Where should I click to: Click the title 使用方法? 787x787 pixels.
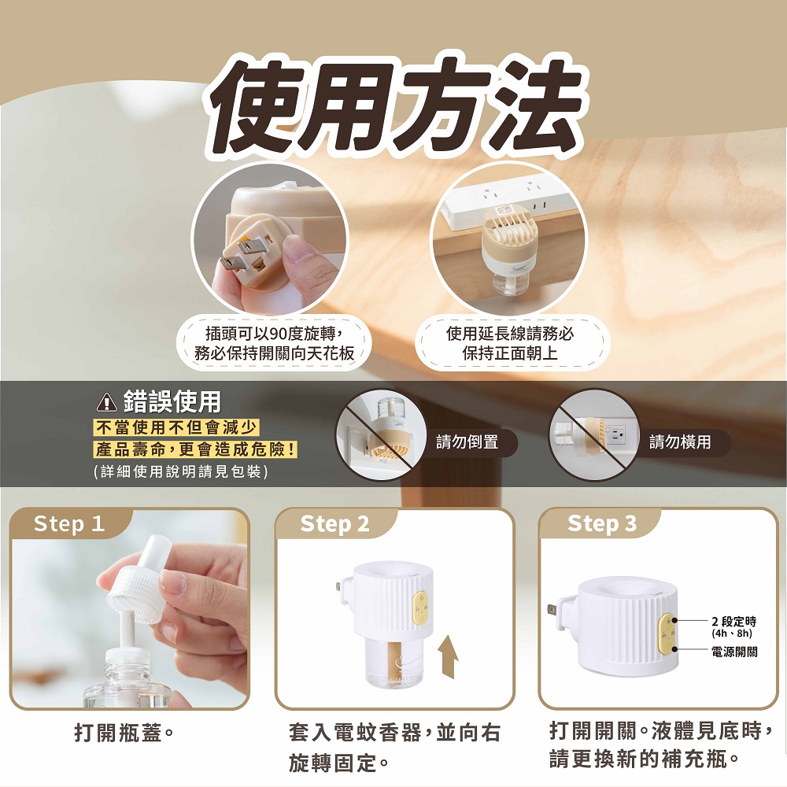click(x=395, y=106)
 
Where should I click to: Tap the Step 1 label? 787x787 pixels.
click(x=68, y=524)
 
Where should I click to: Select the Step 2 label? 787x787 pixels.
click(x=334, y=524)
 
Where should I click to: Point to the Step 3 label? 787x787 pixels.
click(x=602, y=523)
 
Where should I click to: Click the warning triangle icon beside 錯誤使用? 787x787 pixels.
click(x=106, y=402)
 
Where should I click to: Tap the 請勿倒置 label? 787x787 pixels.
click(x=467, y=442)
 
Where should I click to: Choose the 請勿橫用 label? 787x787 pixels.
click(x=680, y=442)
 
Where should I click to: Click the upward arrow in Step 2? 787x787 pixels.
click(x=448, y=656)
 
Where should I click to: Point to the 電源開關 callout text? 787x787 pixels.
click(x=734, y=652)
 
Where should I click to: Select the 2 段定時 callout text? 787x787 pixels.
click(x=733, y=623)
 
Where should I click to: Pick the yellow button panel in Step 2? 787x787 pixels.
click(x=419, y=608)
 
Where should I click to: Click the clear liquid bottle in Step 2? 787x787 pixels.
click(x=392, y=662)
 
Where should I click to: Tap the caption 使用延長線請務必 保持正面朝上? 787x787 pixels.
click(x=510, y=343)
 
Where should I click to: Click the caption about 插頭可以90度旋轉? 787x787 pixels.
click(x=274, y=343)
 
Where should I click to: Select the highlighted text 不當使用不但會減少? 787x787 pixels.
click(x=176, y=427)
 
